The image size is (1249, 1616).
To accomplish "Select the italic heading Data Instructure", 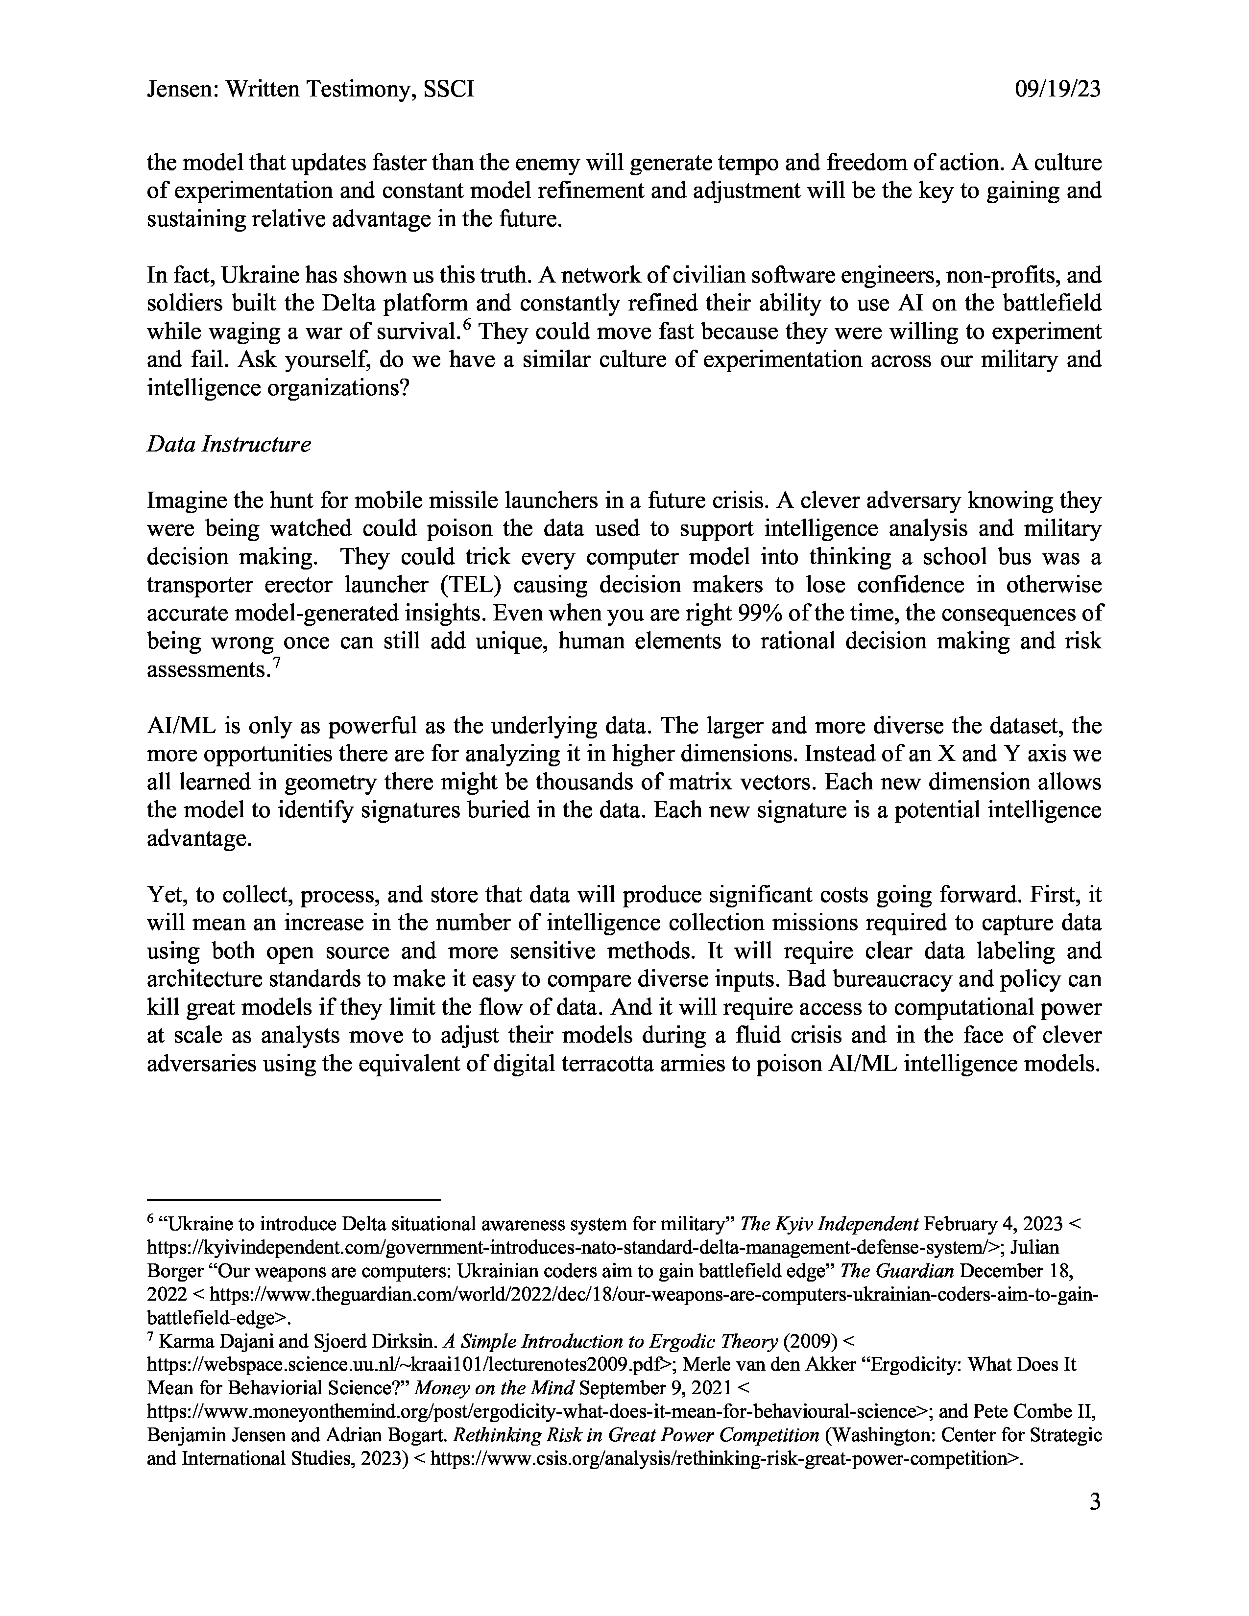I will (x=229, y=444).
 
